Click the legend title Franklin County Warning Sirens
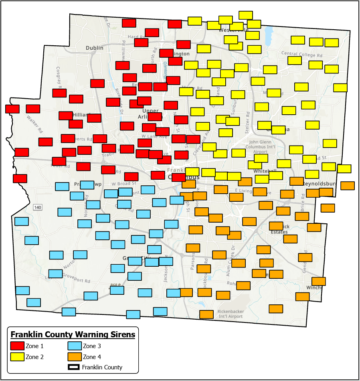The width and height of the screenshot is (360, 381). coord(73,334)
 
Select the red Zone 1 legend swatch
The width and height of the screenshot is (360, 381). coord(17,346)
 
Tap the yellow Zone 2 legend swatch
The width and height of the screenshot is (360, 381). coord(17,357)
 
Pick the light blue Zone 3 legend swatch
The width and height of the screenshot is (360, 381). coord(74,346)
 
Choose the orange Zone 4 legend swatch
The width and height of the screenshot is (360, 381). coord(74,357)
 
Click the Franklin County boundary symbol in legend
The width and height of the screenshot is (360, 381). coord(74,367)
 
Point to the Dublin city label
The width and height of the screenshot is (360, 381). coord(95,48)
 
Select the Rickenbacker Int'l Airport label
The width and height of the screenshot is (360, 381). coord(230,314)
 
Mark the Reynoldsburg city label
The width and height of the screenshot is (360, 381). coord(321,183)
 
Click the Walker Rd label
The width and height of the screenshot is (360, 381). coord(34,124)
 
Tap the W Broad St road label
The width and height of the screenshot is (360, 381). coord(124,184)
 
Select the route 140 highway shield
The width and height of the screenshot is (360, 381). coord(38,207)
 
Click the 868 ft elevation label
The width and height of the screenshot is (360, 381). coord(116,286)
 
